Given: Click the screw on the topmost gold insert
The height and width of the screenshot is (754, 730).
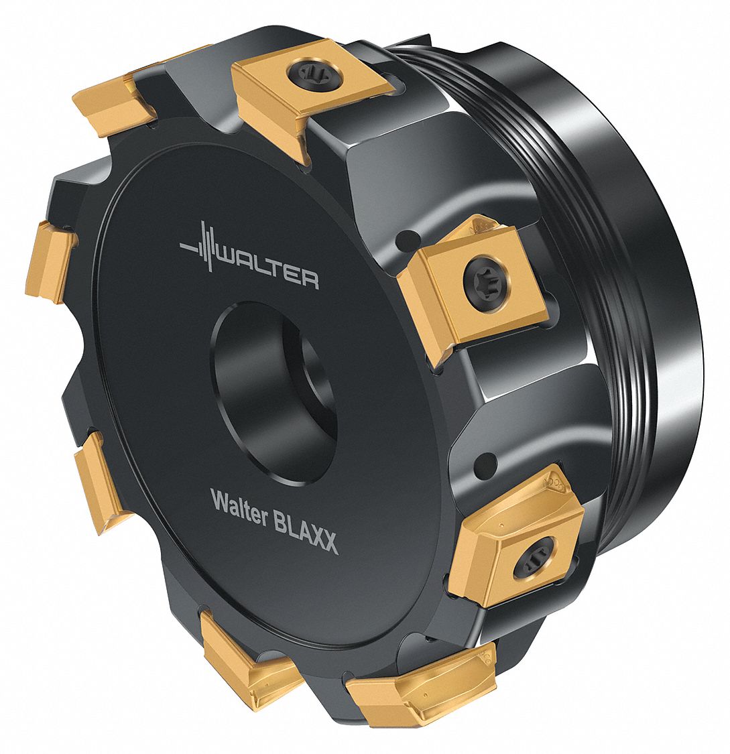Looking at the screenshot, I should (313, 70).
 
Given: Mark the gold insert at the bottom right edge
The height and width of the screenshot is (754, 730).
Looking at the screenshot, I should (422, 684).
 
